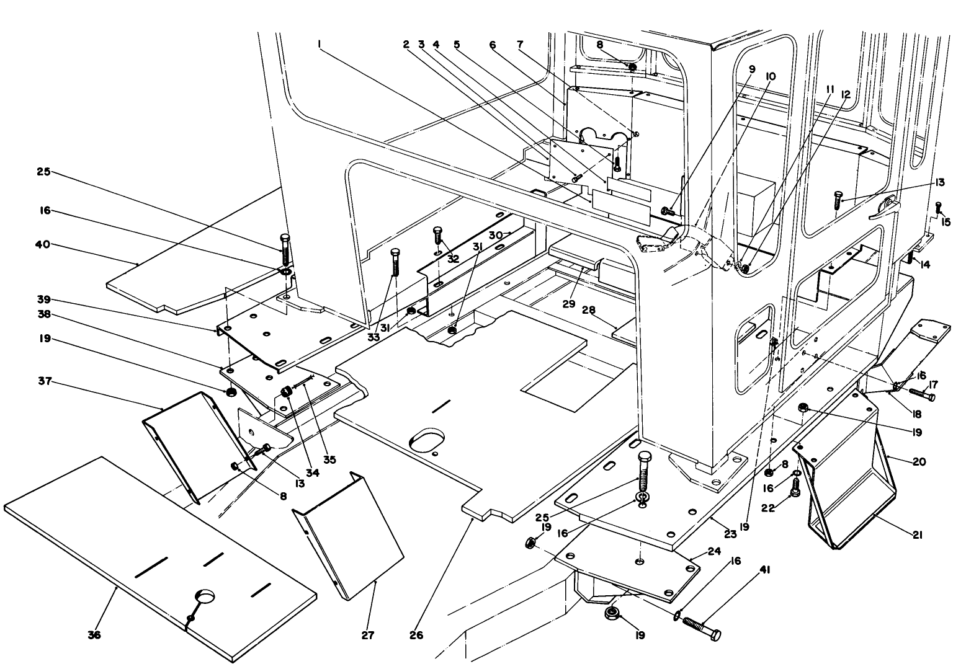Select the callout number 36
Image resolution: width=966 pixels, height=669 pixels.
94,635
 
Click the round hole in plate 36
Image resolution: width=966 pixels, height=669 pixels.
207,596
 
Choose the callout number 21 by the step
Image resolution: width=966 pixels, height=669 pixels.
917,534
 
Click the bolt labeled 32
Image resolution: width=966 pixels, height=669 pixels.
437,238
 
